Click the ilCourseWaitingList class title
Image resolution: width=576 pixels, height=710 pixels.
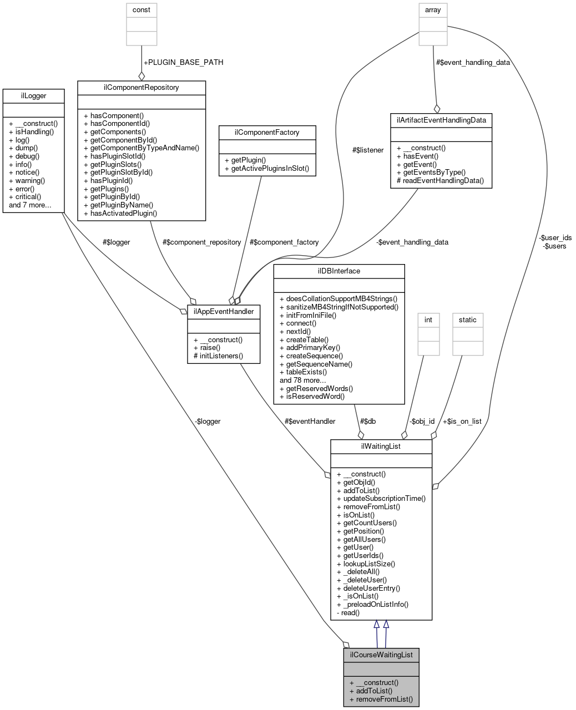pos(381,655)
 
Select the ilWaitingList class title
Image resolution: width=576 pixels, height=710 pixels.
pos(381,446)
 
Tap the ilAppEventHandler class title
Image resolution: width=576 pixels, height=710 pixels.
pos(224,311)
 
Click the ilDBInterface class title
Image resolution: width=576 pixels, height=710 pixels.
pos(339,271)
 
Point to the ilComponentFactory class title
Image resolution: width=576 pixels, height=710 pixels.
pos(267,132)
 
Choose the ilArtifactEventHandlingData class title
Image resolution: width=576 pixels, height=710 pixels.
pos(441,120)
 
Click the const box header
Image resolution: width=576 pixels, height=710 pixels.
pos(142,10)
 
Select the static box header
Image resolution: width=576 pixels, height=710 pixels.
pos(468,320)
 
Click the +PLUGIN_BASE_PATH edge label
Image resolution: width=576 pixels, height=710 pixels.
pos(183,62)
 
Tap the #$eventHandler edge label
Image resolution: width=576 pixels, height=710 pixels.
pos(310,421)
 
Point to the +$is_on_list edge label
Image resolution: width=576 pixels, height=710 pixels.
pos(462,421)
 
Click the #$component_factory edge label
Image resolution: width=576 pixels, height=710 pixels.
pos(284,242)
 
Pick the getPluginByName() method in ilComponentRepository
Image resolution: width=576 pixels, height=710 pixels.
pos(122,205)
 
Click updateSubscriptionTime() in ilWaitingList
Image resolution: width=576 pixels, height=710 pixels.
pos(384,498)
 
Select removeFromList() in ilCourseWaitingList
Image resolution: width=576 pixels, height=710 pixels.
pos(385,699)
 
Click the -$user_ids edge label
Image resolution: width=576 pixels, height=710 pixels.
pos(555,237)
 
